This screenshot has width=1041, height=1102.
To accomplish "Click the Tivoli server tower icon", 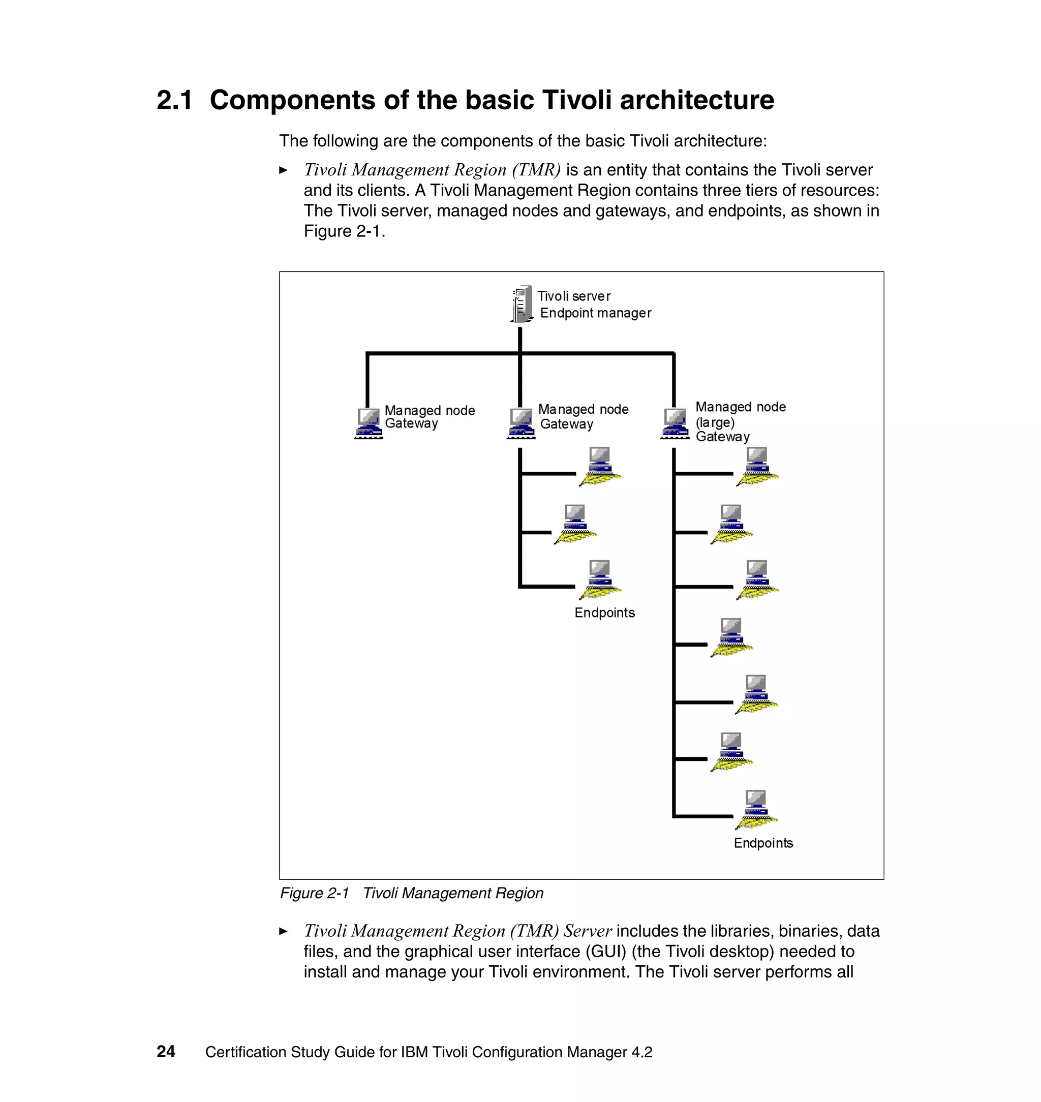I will click(521, 304).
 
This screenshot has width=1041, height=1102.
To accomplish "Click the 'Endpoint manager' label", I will click(595, 313).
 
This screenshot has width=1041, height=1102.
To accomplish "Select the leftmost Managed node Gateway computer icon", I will click(369, 423).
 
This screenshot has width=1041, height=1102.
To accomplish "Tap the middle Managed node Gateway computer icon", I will click(521, 423).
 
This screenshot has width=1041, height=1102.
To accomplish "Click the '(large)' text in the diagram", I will click(715, 422).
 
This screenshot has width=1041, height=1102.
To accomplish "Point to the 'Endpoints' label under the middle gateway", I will click(604, 613).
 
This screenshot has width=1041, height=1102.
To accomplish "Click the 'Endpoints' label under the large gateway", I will click(763, 843).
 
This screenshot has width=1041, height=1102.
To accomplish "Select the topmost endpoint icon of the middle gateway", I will click(600, 466).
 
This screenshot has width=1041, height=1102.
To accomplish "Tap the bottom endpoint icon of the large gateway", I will click(756, 809).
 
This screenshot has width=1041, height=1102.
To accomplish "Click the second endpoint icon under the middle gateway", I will click(575, 524).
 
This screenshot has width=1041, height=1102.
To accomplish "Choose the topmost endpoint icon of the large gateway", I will click(757, 466).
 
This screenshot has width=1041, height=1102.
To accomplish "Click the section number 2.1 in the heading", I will click(174, 101).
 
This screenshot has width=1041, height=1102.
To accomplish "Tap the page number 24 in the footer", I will click(166, 1052).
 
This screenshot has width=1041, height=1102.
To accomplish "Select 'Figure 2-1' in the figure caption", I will click(314, 894).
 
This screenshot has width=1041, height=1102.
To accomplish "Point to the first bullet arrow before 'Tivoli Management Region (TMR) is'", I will click(284, 170).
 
